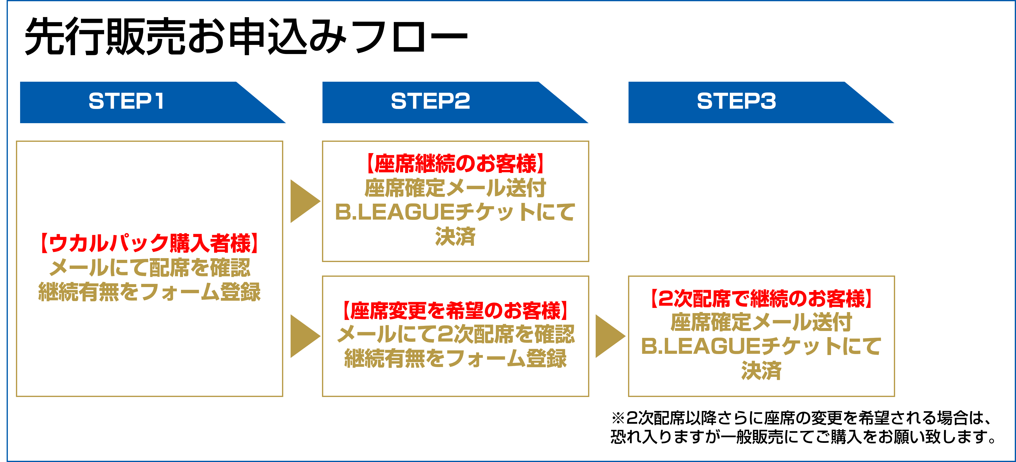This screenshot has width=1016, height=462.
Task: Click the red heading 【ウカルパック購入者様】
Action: click(150, 243)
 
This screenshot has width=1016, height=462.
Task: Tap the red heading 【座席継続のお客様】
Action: click(455, 164)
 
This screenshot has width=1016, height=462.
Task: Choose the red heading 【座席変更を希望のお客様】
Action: click(455, 311)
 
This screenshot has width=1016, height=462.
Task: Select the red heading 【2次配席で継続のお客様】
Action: click(761, 298)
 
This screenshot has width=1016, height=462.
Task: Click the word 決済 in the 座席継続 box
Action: click(455, 237)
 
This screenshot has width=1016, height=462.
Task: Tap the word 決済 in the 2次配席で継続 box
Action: click(761, 371)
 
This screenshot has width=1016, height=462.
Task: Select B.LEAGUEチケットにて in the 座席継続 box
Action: click(455, 212)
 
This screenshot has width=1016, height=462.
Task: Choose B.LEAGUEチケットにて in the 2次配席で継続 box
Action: click(761, 346)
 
